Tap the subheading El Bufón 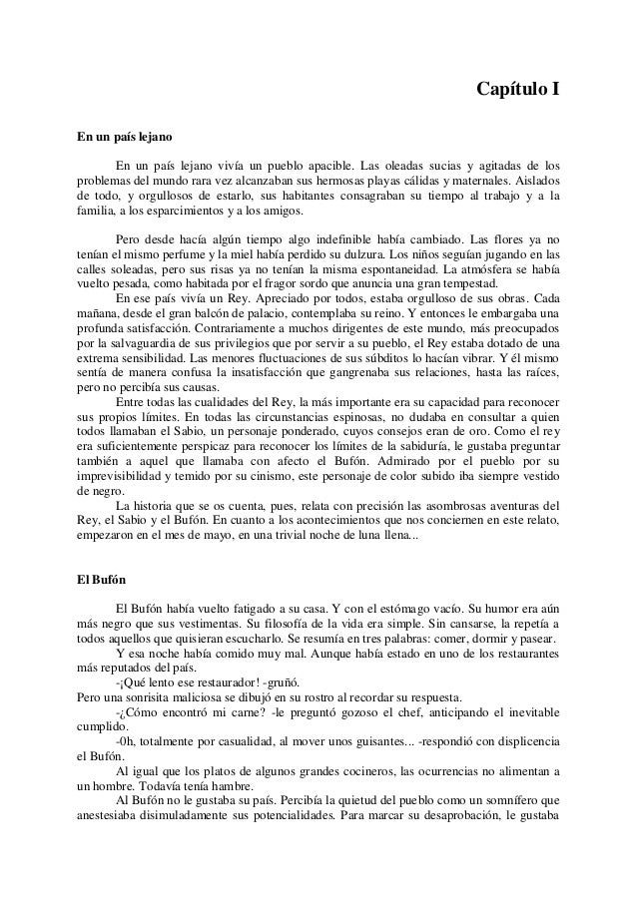pyautogui.click(x=102, y=579)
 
